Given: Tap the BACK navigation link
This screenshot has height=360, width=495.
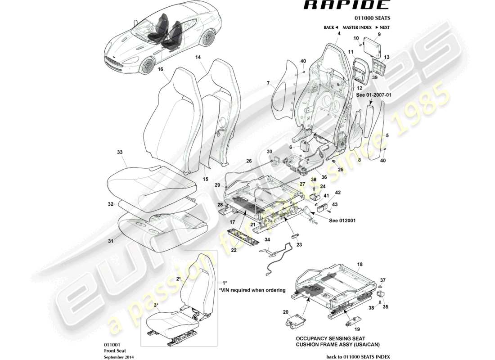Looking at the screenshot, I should tap(330, 27).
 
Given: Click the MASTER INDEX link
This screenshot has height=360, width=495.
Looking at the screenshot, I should tap(357, 27).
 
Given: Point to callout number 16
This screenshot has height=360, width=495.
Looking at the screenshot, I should tap(160, 70).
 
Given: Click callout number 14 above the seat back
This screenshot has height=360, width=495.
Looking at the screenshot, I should tap(198, 58).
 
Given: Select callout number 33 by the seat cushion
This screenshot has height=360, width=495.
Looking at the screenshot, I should tap(120, 153).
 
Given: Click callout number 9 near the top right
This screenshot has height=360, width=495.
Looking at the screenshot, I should tap(379, 34).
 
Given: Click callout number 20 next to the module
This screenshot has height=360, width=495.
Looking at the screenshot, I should tap(285, 312).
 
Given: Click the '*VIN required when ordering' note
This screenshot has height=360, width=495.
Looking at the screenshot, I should tap(252, 290).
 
